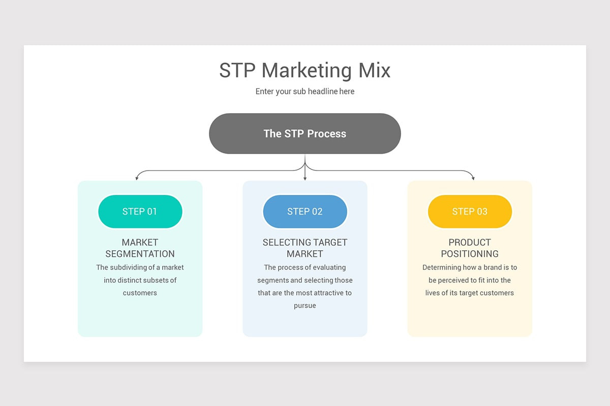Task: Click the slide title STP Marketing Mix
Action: coord(304,71)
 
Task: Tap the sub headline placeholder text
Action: coord(304,92)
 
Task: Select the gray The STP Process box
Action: coord(304,133)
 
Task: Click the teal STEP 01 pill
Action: coord(140,212)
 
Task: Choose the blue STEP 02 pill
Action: coord(304,212)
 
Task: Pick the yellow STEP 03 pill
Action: coord(470,212)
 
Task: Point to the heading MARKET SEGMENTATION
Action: coord(140,248)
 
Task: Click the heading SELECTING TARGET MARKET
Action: coord(304,248)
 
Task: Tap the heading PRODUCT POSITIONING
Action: coord(470,248)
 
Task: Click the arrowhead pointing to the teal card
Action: coord(136,178)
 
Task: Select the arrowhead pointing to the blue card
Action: coord(304,178)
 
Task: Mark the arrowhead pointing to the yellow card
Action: coord(473,178)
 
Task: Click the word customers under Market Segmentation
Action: coord(140,293)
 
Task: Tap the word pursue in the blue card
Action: coord(304,306)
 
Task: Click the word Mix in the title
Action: coord(374,71)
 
